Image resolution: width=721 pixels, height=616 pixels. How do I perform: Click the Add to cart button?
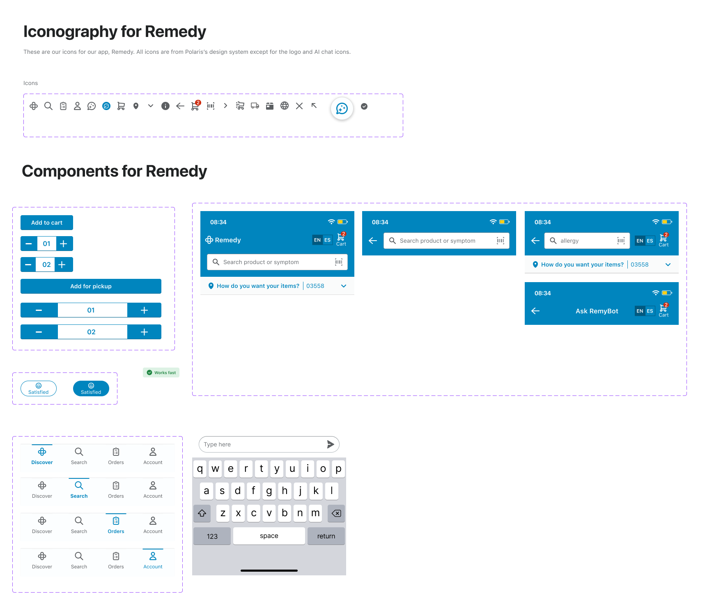(x=47, y=223)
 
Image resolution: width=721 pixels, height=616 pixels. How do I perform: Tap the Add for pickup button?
(x=91, y=286)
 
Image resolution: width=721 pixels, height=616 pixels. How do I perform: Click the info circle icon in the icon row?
(x=165, y=106)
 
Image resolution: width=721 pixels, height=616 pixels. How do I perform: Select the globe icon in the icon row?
(x=285, y=106)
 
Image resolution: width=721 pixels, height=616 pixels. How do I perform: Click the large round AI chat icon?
(x=342, y=108)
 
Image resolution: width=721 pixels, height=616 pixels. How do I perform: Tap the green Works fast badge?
(x=161, y=372)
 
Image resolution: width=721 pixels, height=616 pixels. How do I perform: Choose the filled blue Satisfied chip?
(x=91, y=388)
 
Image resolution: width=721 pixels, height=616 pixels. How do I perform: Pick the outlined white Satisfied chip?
(x=39, y=388)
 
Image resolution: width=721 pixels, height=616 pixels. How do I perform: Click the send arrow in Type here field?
(x=331, y=444)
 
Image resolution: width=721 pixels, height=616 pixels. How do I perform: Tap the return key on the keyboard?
(x=326, y=536)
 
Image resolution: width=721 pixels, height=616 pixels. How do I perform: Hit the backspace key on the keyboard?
(x=336, y=513)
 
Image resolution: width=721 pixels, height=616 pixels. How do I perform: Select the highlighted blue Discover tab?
(x=42, y=456)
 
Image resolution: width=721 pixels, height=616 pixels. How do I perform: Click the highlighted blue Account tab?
(x=153, y=560)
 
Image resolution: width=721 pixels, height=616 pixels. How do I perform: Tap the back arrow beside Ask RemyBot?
(x=535, y=311)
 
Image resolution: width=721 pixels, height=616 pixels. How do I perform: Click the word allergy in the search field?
(x=569, y=241)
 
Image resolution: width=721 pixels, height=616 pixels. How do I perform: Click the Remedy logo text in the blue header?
(x=227, y=240)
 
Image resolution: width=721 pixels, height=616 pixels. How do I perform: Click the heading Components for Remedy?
(x=114, y=171)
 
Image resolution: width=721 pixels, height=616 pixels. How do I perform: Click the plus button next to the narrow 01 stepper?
(x=64, y=244)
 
